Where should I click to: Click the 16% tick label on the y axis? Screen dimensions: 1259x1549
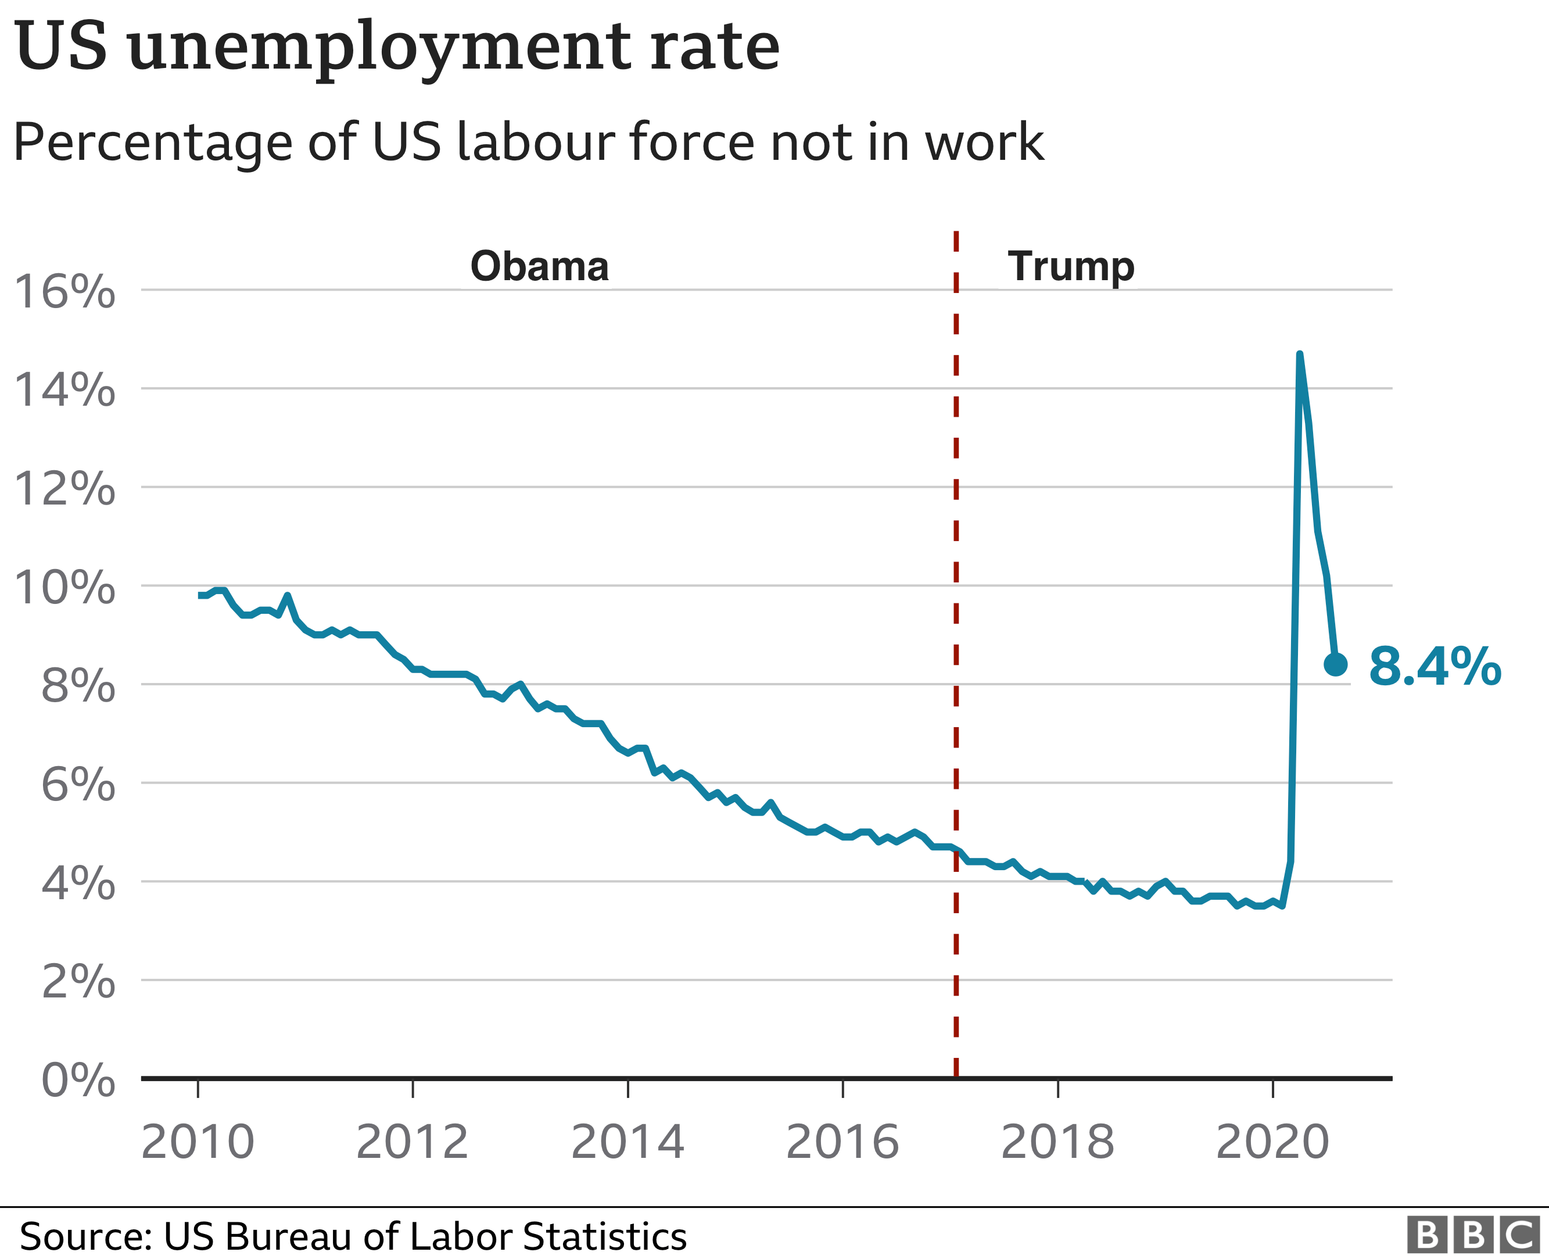(64, 292)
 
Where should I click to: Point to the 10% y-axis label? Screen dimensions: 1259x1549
(64, 588)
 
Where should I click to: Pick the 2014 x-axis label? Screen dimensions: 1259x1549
(628, 1143)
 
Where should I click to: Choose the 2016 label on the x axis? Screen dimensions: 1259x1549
(842, 1143)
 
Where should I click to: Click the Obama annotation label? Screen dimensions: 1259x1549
(539, 266)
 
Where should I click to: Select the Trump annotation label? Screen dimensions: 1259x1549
(1071, 266)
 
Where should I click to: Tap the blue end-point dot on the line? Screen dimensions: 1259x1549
(1335, 664)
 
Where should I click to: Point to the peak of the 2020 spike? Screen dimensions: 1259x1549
(1299, 355)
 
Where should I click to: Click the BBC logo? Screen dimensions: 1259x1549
(1472, 1235)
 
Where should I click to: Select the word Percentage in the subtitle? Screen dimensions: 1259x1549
(152, 143)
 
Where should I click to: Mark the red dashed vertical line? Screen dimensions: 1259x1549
(956, 653)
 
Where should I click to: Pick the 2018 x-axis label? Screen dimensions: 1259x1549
(1057, 1143)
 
